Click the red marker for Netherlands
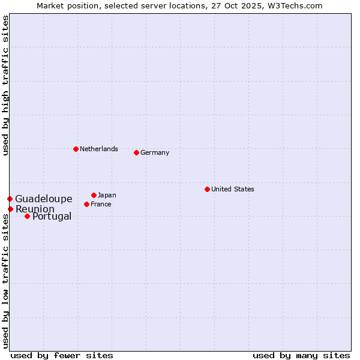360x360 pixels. coord(76,149)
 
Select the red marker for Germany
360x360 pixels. coord(136,152)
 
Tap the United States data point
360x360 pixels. coord(207,189)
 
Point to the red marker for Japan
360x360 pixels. coord(94,195)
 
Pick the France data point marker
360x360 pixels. coord(86,204)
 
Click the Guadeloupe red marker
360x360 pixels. coord(10,199)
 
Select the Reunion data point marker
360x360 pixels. coord(10,209)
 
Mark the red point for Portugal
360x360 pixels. coord(27,216)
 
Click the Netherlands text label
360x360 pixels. coord(99,149)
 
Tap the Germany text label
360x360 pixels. coord(155,152)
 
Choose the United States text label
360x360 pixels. coord(233,189)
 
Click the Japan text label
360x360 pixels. coord(107,195)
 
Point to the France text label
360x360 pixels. coord(101,204)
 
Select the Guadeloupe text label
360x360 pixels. coord(44,199)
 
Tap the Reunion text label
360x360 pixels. coord(35,209)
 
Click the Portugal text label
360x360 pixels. coord(52,216)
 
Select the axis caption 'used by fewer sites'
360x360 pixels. coord(62,355)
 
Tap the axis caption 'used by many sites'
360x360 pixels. coord(301,355)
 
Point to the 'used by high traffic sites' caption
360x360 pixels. coord(5,85)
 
